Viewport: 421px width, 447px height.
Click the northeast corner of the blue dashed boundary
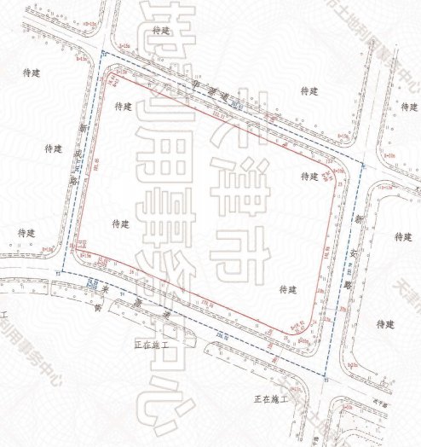coord(363,163)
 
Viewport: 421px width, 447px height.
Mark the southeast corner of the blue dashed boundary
coord(326,375)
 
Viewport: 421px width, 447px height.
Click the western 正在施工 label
coord(151,345)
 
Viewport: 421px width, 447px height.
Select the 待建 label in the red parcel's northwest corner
coord(121,107)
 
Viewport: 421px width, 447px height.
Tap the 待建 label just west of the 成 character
coord(53,148)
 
